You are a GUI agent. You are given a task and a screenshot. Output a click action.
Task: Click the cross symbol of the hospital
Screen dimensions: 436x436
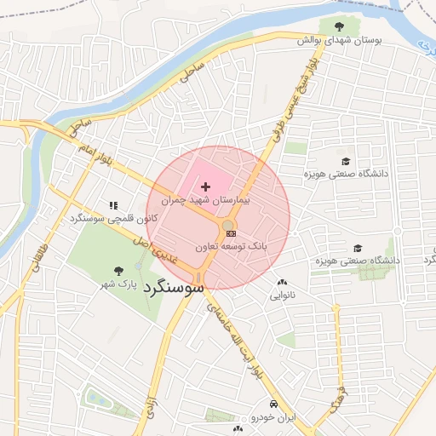(x=205, y=186)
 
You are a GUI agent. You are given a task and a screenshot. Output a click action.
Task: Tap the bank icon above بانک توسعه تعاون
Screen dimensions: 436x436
(x=230, y=232)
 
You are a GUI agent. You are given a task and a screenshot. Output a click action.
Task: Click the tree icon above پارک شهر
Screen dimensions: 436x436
(x=118, y=247)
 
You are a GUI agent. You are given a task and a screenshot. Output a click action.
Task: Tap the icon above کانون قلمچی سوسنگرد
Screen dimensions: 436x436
(x=113, y=205)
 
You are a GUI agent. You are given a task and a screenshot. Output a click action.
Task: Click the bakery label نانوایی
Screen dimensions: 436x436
(x=283, y=296)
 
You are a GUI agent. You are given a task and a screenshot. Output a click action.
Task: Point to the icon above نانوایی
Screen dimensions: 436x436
(x=282, y=283)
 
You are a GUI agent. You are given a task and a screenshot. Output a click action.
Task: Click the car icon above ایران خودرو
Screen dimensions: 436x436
(x=273, y=404)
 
